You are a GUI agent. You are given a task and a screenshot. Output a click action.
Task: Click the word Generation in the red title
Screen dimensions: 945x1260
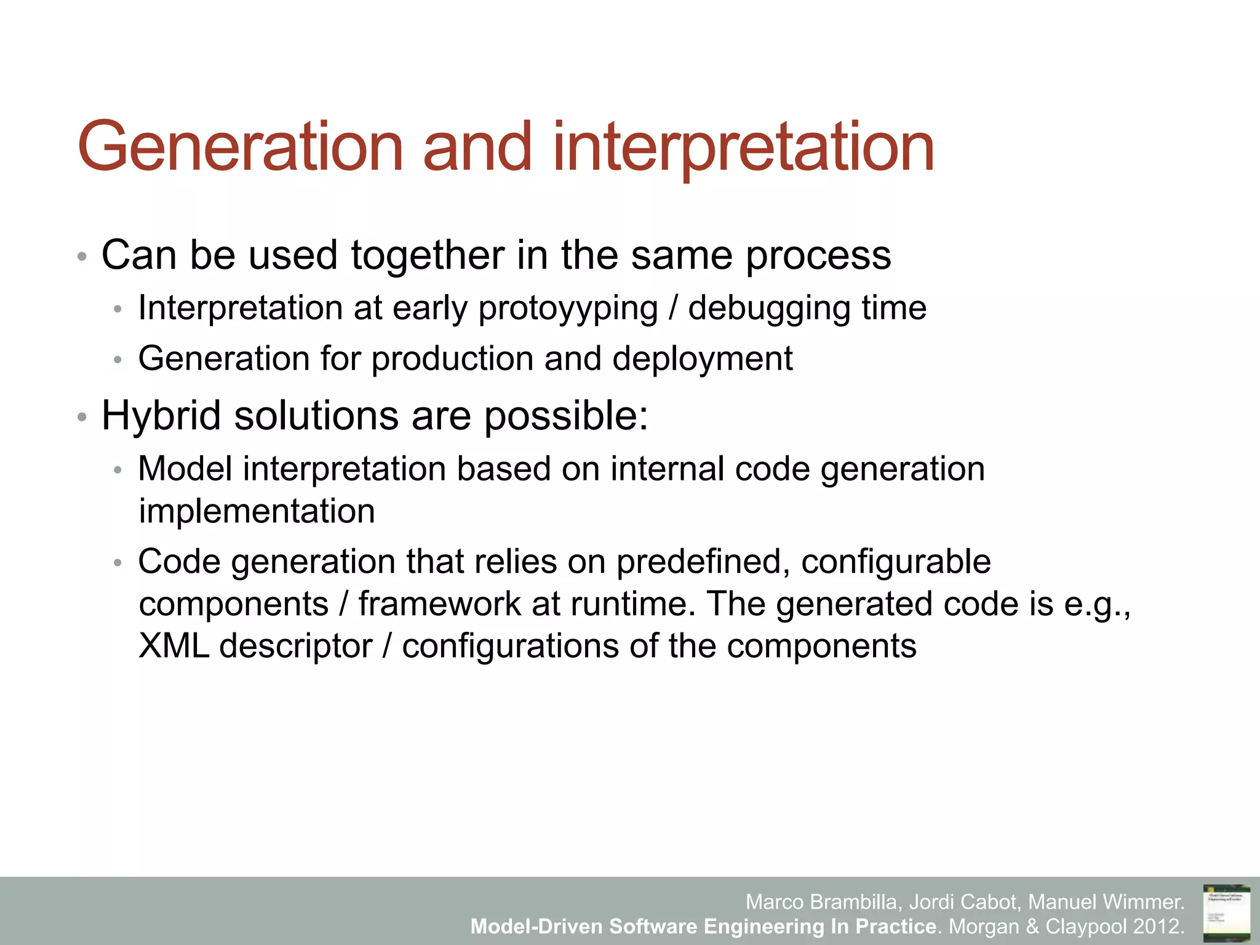point(240,148)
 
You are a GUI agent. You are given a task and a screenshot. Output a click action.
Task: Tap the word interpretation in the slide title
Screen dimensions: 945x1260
point(743,148)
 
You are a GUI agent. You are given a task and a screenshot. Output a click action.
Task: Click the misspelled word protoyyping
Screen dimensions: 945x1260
point(568,309)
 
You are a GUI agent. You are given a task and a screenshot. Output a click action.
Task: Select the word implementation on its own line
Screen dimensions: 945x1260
point(257,511)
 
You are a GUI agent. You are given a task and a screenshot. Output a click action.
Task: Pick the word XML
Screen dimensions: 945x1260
point(173,646)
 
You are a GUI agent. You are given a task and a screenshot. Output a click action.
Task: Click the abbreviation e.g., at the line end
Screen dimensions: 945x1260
point(1097,605)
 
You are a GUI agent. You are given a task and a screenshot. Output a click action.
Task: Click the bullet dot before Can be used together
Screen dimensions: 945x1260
point(82,257)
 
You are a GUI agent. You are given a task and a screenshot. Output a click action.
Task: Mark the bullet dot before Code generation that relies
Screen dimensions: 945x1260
point(118,563)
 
